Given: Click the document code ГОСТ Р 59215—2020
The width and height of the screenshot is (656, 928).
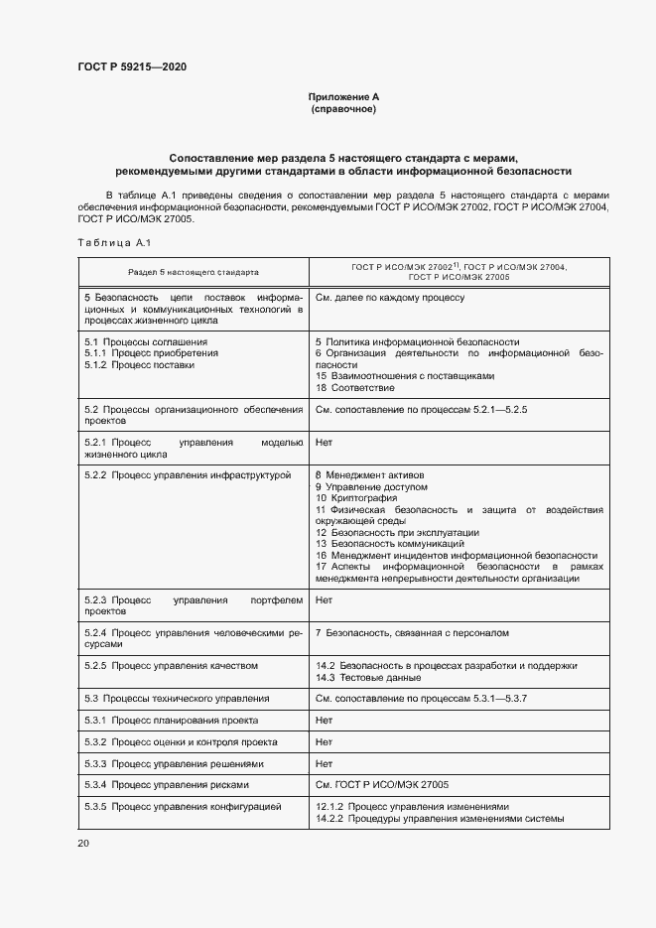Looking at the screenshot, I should (x=131, y=67).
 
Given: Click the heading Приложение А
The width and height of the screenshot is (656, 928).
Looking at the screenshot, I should (x=343, y=96).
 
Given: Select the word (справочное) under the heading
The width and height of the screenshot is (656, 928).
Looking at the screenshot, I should (x=343, y=108).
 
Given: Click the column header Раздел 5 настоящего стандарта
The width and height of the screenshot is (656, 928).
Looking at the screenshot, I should (x=193, y=271).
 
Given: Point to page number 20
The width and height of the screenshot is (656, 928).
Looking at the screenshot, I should (x=83, y=843).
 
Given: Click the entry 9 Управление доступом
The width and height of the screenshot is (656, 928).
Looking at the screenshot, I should (x=371, y=487).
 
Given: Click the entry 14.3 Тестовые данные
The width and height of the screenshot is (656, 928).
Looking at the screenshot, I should (x=368, y=677).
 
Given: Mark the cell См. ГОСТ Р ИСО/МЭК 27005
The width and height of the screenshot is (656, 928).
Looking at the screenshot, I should (x=382, y=784).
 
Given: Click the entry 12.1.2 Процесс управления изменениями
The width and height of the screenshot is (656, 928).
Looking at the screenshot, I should (x=412, y=806).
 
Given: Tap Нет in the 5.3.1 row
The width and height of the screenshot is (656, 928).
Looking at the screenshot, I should (x=324, y=720).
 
